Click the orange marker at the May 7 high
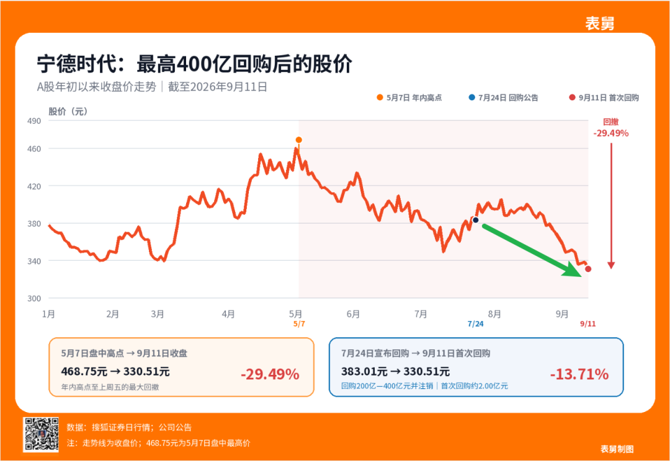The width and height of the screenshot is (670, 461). click(298, 140)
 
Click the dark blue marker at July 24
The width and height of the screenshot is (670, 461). click(476, 220)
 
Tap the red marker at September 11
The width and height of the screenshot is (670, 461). click(588, 269)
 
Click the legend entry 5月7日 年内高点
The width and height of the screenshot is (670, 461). click(409, 98)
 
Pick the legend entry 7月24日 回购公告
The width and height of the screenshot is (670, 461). click(503, 98)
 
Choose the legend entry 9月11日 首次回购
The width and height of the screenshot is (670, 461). click(604, 98)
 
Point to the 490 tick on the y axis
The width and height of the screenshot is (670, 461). click(34, 121)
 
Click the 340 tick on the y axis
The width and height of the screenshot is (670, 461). click(34, 261)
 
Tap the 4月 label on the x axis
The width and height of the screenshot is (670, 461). click(228, 314)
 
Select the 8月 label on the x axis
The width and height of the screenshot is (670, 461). click(494, 314)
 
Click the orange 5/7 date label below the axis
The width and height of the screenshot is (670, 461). click(299, 324)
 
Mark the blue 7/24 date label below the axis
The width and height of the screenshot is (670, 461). click(476, 324)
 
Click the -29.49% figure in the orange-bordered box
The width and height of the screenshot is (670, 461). click(270, 374)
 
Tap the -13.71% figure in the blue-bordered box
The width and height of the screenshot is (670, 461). click(579, 374)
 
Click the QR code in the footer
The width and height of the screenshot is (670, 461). click(41, 434)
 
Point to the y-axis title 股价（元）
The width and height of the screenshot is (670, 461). click(68, 112)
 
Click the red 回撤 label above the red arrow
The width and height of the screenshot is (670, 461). click(611, 121)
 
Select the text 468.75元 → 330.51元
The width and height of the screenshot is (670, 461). click(115, 371)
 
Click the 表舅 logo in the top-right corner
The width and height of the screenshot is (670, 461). click(600, 23)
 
